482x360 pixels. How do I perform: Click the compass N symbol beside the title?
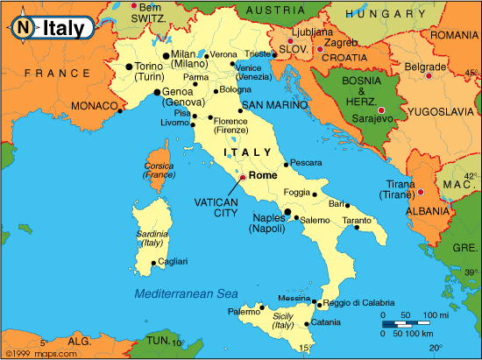pos(23,28)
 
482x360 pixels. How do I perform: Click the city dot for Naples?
pos(287,212)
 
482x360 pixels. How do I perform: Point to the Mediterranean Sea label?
pos(187,293)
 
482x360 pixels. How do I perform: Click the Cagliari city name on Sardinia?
pos(174,261)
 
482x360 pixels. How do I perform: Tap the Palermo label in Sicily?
pos(245,311)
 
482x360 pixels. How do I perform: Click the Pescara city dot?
pos(287,164)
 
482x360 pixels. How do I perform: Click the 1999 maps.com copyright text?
pos(32,354)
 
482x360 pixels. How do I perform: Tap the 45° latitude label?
pos(471,72)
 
